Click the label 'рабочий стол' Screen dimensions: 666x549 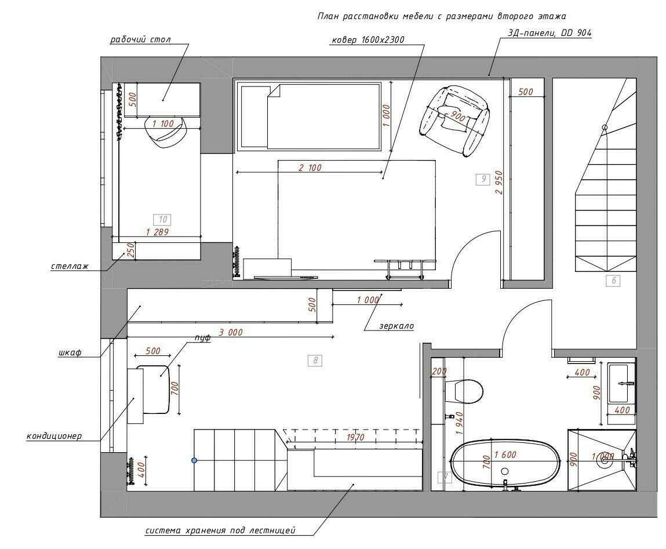[141, 39]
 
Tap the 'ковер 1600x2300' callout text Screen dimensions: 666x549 [368, 40]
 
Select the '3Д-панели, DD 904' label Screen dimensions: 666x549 [549, 33]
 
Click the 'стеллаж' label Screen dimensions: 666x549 [70, 267]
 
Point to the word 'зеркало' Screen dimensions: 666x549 [396, 326]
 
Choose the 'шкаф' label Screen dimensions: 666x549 [70, 352]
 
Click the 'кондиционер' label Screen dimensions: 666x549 [54, 436]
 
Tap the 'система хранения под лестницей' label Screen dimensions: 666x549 [220, 530]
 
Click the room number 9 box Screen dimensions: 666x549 [483, 179]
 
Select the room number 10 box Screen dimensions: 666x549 [163, 220]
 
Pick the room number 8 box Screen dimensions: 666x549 [315, 361]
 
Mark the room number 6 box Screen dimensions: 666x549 [613, 281]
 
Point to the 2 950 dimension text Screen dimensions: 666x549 [499, 183]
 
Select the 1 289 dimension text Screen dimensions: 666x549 [157, 232]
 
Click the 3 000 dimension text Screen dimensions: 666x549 [231, 332]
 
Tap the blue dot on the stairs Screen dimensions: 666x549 [195, 460]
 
